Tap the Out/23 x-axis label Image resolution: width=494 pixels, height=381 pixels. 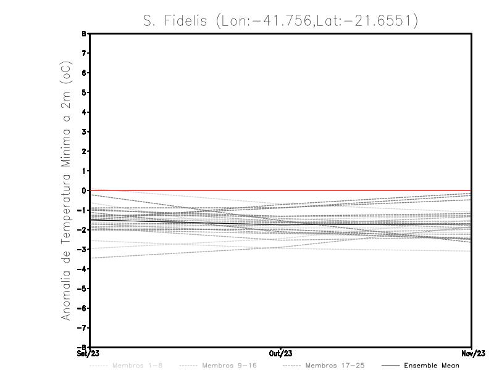click(281, 354)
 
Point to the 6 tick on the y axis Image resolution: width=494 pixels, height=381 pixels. click(84, 73)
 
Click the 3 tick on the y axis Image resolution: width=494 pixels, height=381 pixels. click(84, 131)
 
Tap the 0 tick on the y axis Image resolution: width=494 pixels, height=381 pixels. click(84, 190)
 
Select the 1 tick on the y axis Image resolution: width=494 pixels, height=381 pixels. click(84, 171)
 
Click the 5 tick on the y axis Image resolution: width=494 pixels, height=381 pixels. click(84, 92)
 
